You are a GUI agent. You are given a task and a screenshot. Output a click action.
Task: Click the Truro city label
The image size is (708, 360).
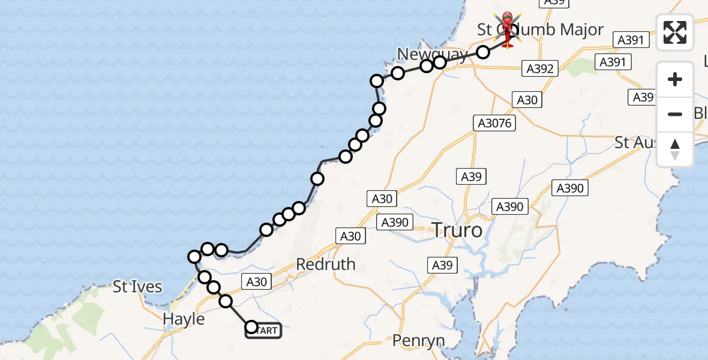click(x=457, y=230)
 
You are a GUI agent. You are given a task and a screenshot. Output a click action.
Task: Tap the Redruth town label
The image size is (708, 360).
click(x=325, y=264)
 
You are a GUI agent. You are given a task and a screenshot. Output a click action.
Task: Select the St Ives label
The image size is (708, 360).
click(x=137, y=287)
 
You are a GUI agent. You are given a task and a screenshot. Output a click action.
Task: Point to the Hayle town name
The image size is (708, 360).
click(x=184, y=319)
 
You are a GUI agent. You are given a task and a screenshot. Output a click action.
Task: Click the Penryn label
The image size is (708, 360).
click(x=419, y=341)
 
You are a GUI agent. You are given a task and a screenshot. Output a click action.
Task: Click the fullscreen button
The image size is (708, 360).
click(x=675, y=32)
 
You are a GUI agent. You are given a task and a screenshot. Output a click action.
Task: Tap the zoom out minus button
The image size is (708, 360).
click(x=675, y=114)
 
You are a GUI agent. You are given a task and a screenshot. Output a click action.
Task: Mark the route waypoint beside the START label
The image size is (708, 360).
click(x=251, y=327)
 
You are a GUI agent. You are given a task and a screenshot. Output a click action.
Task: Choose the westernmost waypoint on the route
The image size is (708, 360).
click(x=194, y=257)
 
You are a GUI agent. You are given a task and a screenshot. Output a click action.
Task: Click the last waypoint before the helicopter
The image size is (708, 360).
click(x=483, y=52)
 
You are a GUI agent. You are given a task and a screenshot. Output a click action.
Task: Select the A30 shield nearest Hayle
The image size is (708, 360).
click(x=256, y=281)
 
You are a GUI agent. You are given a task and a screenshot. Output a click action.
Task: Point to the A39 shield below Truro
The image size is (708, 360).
click(x=443, y=265)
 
